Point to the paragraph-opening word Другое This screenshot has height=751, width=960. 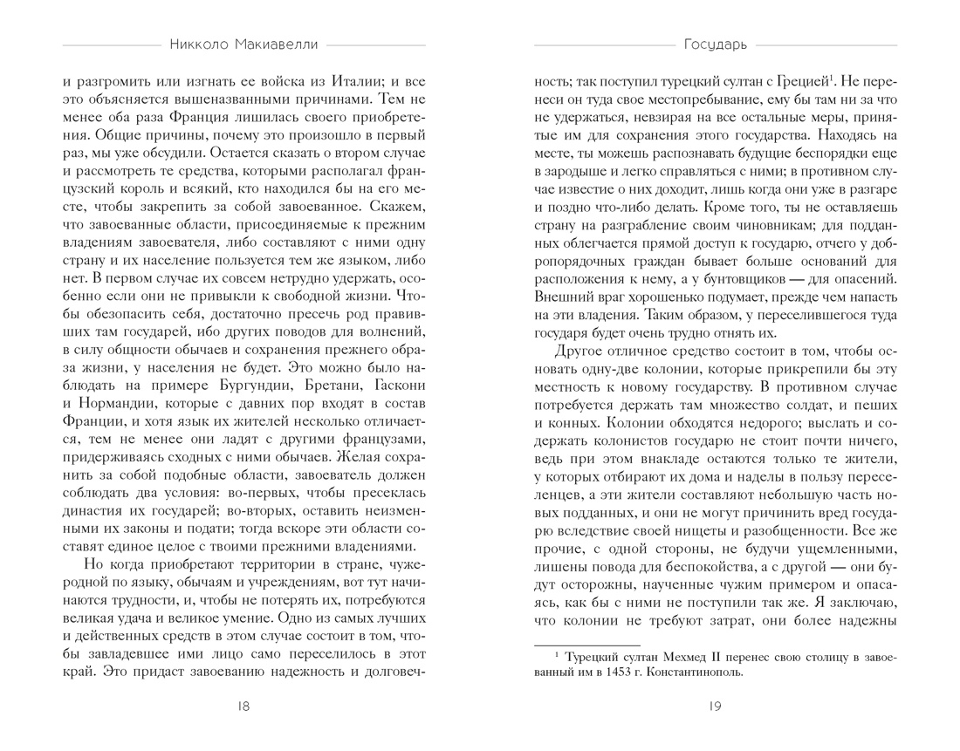580,355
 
